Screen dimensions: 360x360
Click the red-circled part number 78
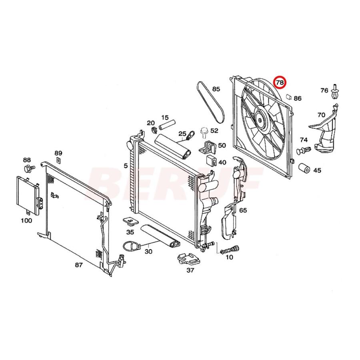coord(280,83)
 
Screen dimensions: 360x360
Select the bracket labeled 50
coord(208,147)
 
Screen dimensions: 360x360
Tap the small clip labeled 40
coord(211,161)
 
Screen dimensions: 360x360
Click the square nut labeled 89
coord(58,161)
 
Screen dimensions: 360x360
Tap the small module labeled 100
coord(28,194)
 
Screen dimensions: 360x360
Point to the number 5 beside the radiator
coord(126,165)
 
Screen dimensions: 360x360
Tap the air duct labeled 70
coord(326,130)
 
